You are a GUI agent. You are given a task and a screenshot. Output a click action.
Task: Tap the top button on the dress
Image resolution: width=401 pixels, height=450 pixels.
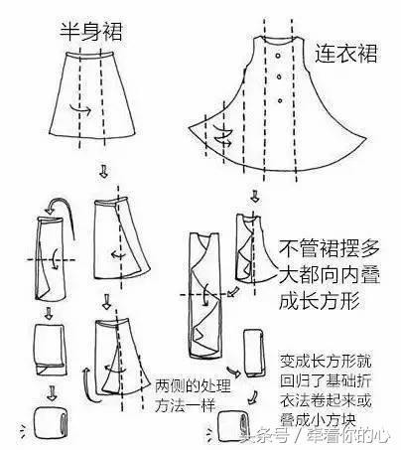[x=286, y=74]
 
